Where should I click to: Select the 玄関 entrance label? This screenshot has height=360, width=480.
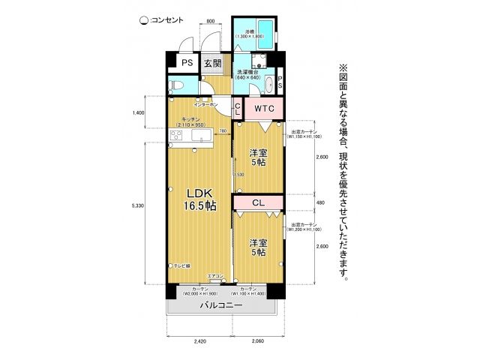(x=212, y=64)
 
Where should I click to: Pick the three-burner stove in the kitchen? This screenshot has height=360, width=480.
(x=176, y=136)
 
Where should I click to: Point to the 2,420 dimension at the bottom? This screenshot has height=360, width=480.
(x=199, y=341)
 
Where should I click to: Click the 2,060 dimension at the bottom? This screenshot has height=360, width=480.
(x=258, y=341)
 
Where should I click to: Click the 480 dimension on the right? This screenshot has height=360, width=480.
(x=319, y=202)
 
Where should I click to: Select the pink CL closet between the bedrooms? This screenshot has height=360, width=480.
(x=258, y=202)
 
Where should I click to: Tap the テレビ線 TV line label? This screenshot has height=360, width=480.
(x=183, y=265)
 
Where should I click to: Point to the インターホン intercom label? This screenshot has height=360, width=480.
(x=205, y=105)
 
